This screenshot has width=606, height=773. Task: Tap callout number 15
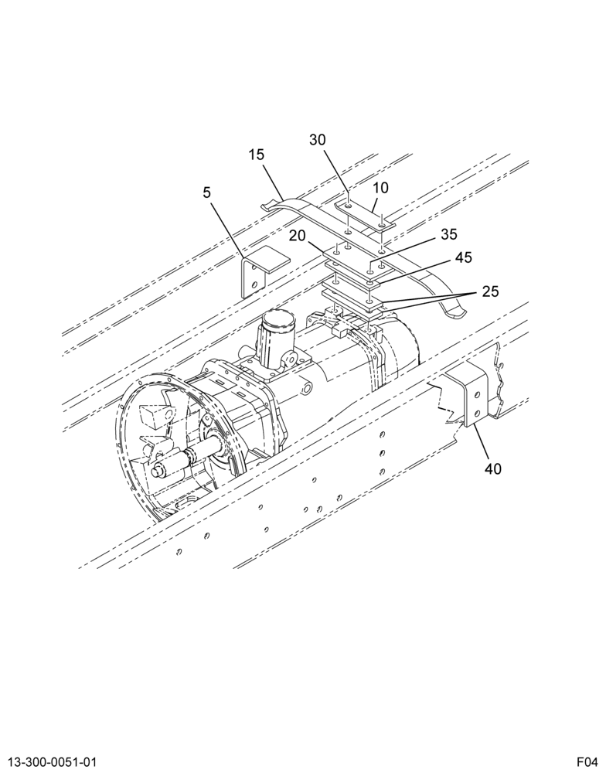257,155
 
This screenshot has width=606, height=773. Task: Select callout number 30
318,140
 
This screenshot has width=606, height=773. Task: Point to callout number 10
380,188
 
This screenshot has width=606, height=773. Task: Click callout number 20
298,236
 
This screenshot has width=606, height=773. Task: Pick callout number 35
449,234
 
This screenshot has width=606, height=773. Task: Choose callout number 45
463,257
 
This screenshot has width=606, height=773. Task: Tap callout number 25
490,291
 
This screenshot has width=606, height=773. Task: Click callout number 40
492,468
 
